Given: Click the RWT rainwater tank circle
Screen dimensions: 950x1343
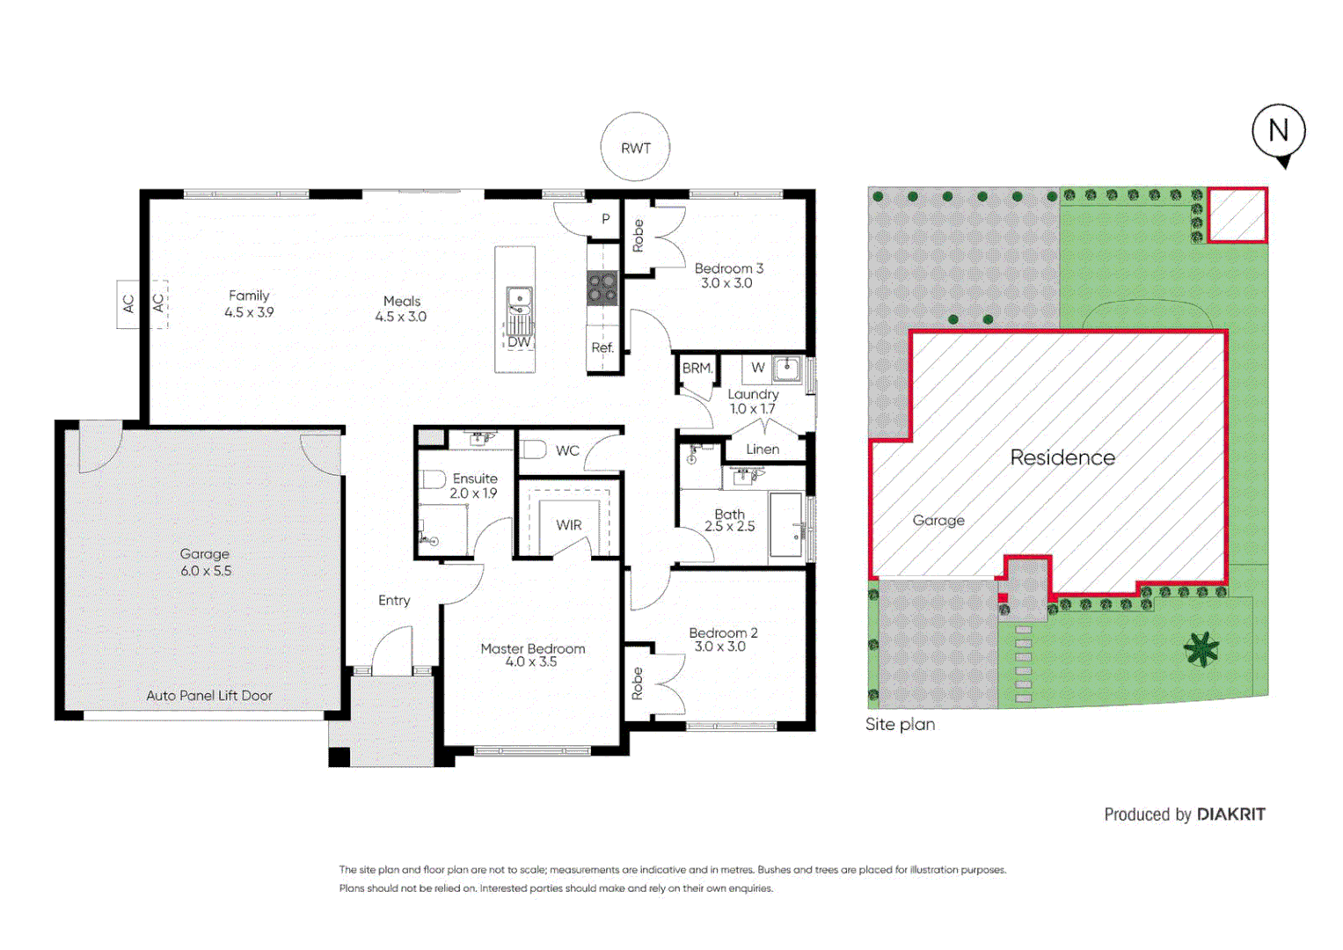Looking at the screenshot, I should [635, 148].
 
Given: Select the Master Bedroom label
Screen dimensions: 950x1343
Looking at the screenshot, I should [532, 649].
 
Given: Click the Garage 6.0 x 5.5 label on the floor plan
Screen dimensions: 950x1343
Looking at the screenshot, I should [205, 562].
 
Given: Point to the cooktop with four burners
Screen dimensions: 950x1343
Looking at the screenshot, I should [602, 288].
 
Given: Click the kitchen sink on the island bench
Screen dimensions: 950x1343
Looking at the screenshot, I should [518, 302].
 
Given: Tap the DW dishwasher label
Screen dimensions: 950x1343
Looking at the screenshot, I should [519, 341].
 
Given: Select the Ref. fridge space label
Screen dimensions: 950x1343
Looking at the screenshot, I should [602, 347].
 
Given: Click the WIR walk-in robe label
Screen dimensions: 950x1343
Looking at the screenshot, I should [568, 525].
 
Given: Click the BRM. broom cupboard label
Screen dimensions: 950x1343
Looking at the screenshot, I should [697, 369].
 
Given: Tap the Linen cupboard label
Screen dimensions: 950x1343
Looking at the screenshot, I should [763, 449].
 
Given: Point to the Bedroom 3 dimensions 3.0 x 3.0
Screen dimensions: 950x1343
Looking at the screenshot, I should [726, 283].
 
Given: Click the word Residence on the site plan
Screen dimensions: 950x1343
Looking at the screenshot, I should [1062, 457].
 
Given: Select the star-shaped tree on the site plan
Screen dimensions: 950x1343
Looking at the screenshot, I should [1201, 649].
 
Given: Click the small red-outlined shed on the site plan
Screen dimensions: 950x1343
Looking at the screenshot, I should [1237, 215].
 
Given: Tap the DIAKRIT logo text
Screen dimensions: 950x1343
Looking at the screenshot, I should [1230, 815].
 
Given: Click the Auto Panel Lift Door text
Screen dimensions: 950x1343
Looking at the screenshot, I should [209, 695].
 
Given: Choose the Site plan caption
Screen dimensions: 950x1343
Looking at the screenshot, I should [900, 724].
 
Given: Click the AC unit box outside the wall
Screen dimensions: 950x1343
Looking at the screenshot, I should [128, 303].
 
